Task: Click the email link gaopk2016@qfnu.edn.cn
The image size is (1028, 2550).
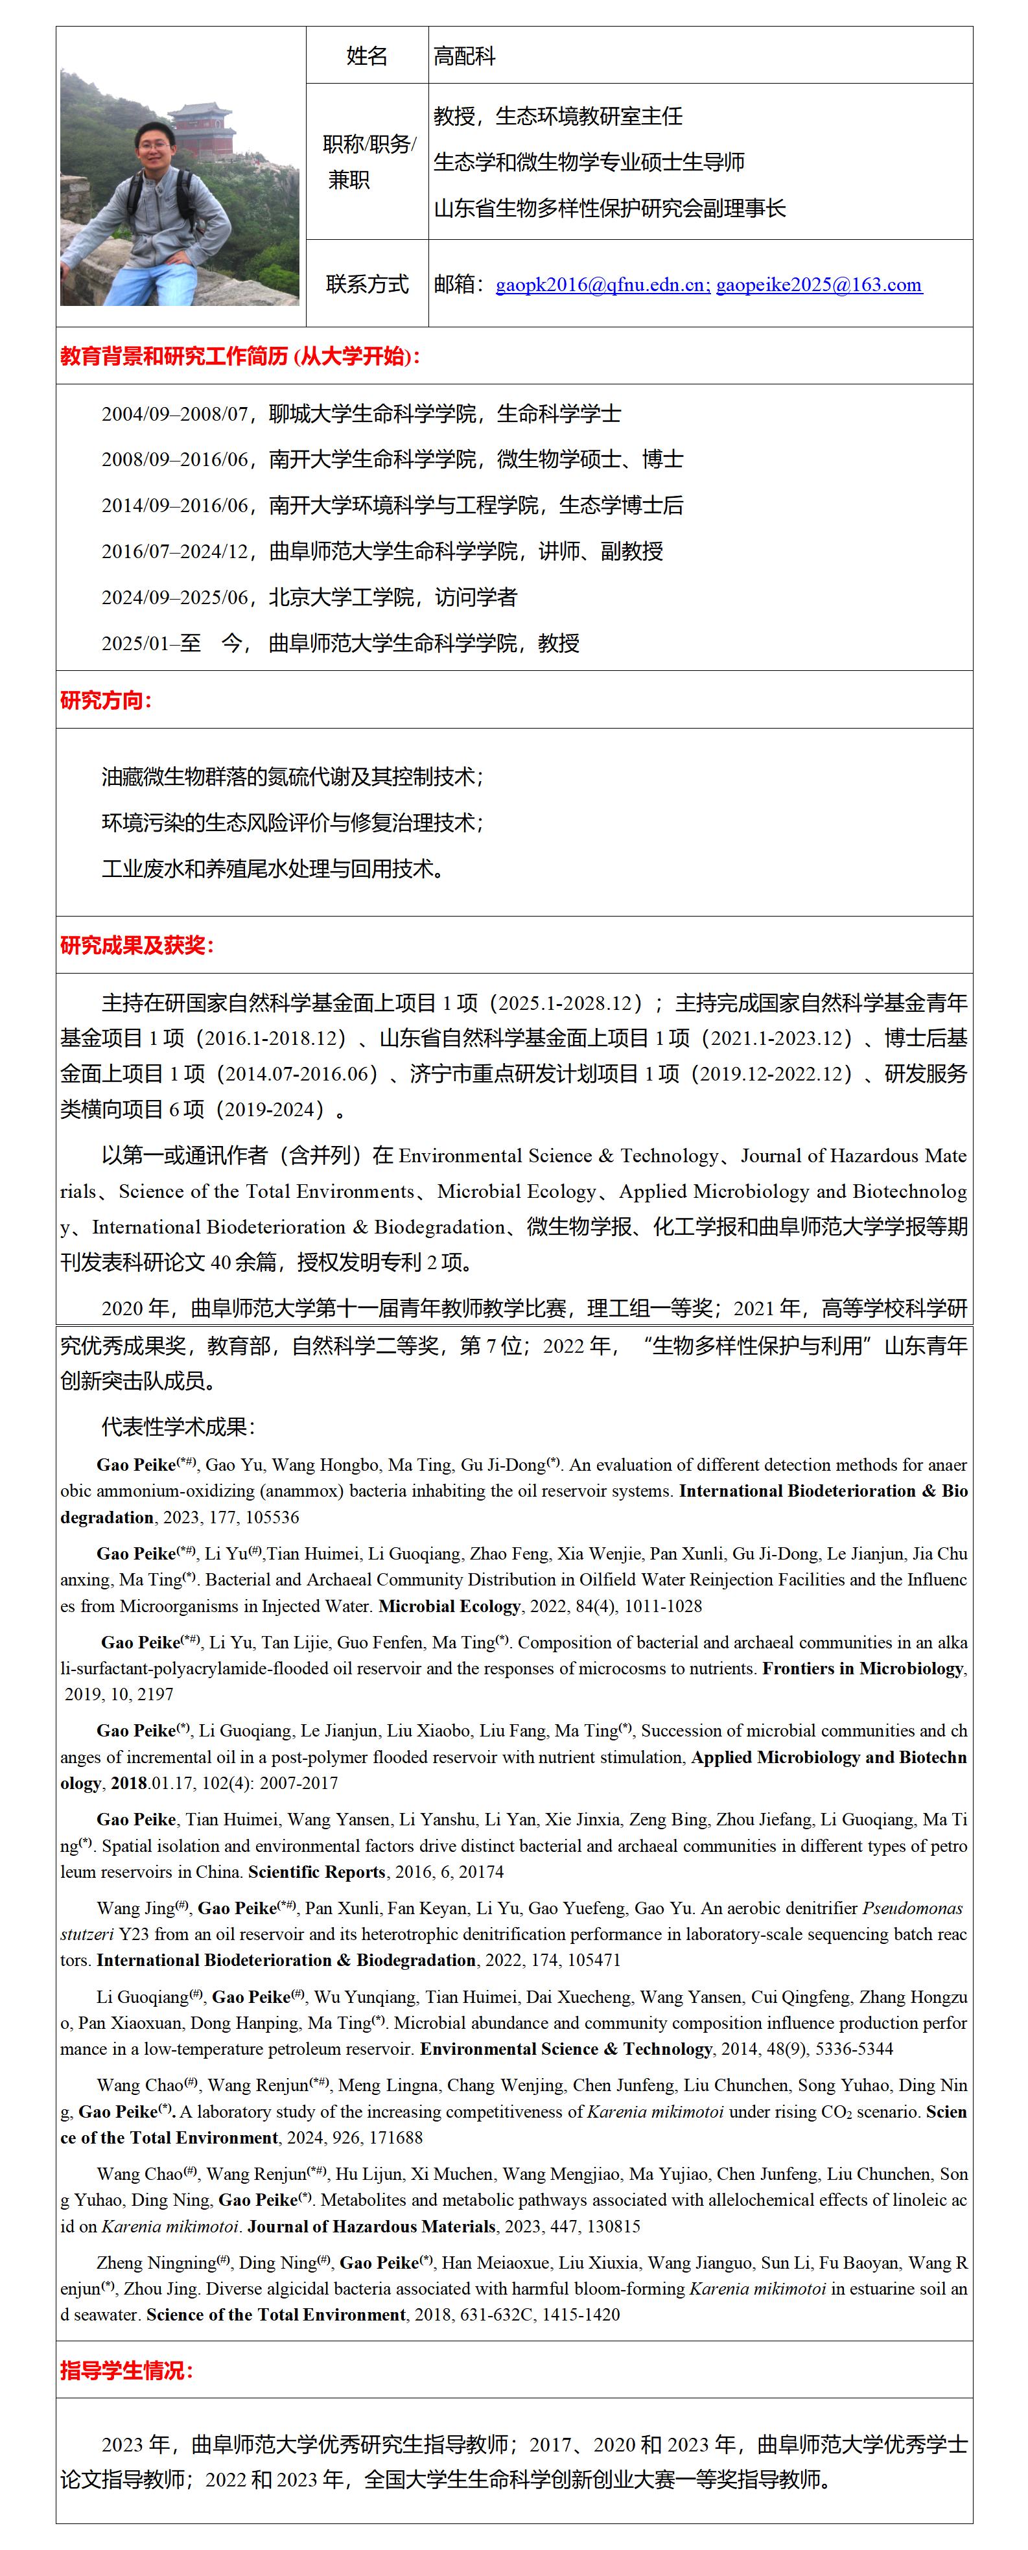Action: click(x=602, y=285)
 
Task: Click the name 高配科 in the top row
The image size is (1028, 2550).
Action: click(x=464, y=56)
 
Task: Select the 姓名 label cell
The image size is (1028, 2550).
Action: click(x=367, y=56)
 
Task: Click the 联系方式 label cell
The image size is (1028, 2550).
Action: click(x=367, y=284)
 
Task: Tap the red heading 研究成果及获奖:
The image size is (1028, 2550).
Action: click(x=137, y=945)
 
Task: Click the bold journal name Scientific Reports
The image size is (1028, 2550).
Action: click(x=316, y=1872)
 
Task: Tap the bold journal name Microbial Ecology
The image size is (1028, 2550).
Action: click(x=449, y=1606)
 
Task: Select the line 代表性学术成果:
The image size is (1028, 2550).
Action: click(x=178, y=1427)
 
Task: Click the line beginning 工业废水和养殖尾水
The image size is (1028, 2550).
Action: click(x=273, y=869)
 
